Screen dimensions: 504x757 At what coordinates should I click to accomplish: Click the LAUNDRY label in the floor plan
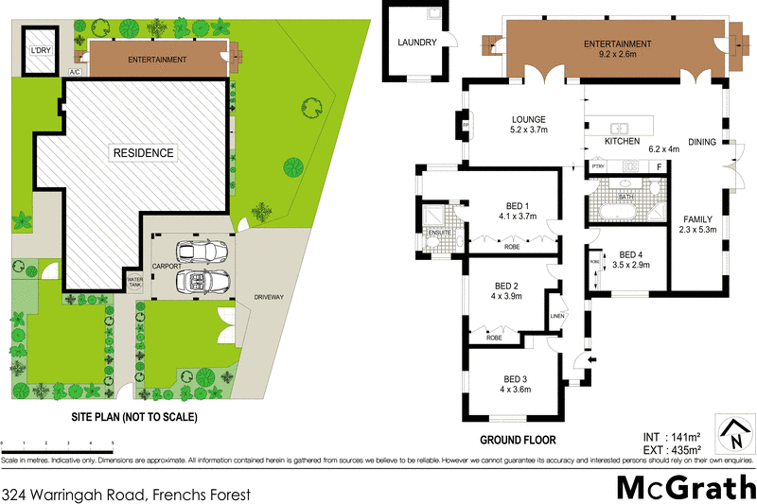click(x=416, y=43)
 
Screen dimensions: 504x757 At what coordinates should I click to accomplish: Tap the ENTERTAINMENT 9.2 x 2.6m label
click(x=617, y=49)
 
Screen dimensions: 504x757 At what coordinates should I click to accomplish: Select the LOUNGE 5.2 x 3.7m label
click(x=529, y=124)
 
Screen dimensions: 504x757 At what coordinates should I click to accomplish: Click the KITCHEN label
click(x=624, y=142)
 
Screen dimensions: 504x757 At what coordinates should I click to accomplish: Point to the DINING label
click(x=702, y=142)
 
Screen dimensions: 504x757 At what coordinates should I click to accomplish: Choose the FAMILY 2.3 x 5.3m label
click(x=697, y=224)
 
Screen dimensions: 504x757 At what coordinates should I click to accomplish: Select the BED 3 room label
click(x=516, y=383)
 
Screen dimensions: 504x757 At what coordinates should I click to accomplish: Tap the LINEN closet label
click(x=557, y=317)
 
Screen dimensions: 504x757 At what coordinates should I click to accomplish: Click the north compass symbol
click(x=733, y=436)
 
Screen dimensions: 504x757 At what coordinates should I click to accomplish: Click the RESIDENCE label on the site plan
click(x=144, y=152)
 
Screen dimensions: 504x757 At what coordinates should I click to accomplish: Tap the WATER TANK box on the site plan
click(x=134, y=282)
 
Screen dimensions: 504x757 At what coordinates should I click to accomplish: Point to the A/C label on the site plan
click(x=75, y=72)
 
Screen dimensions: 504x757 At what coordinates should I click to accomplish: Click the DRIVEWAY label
click(x=269, y=297)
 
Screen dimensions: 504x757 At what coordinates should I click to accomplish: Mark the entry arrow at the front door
click(x=593, y=360)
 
